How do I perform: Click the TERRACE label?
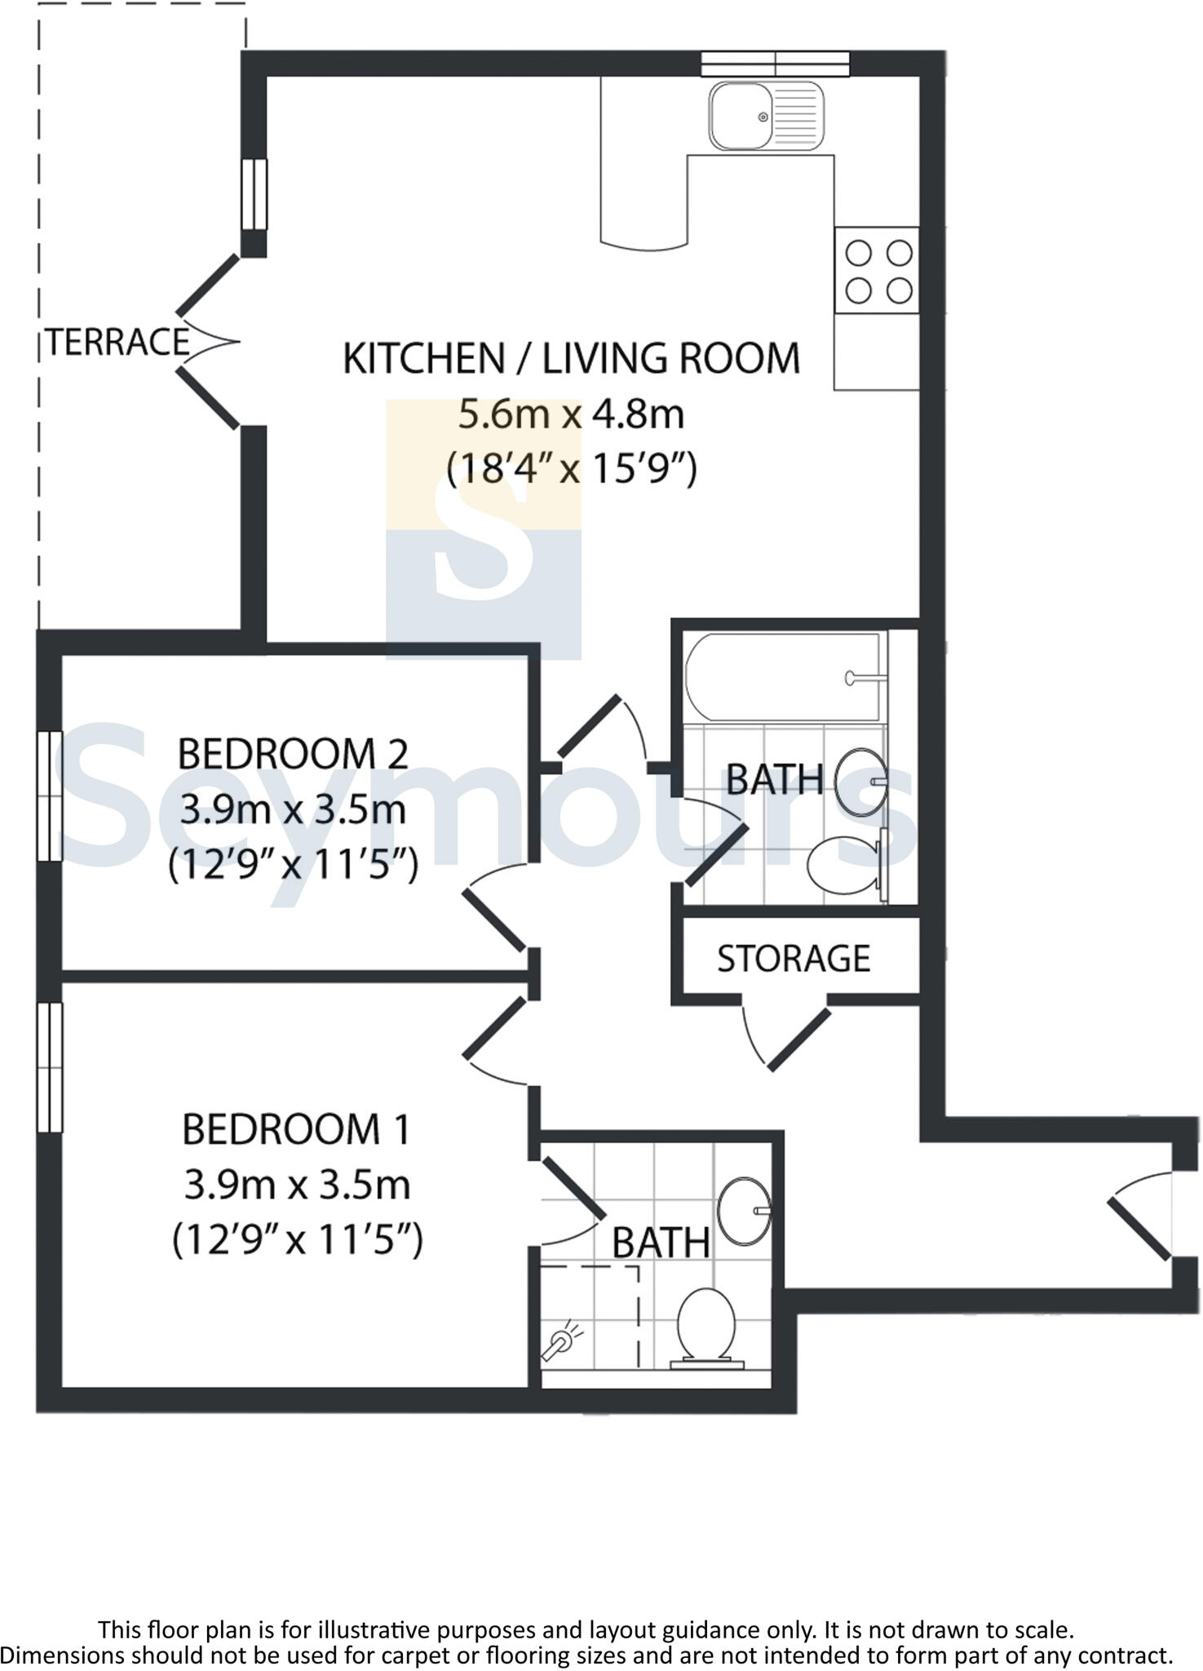117,342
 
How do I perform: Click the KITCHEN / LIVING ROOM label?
571,359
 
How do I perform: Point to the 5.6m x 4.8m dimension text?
571,414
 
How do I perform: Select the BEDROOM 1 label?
296,1130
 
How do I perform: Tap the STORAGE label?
794,959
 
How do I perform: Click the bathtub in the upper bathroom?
783,677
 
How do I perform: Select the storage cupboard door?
795,1040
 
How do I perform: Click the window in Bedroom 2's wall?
50,796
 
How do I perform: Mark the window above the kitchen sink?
775,64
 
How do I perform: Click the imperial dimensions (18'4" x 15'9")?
571,469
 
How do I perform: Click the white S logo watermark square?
484,530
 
